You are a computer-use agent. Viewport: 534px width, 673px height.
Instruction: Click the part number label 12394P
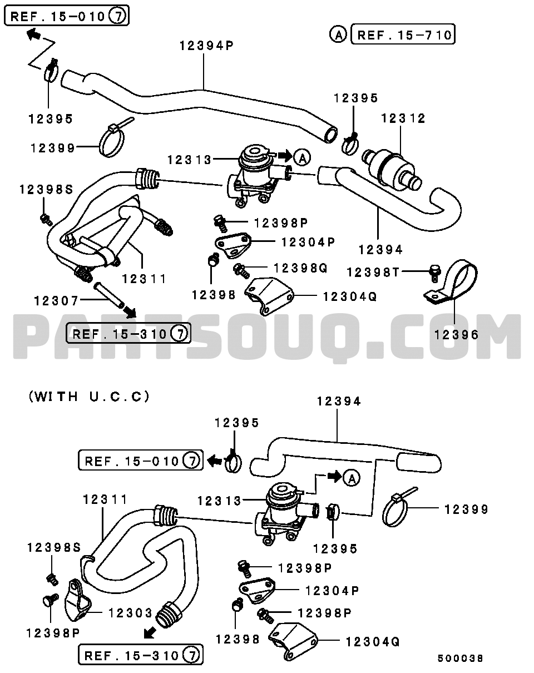click(x=206, y=45)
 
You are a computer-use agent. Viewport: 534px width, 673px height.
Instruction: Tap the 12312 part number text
click(x=403, y=118)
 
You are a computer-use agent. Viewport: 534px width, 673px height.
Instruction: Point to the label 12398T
click(x=373, y=272)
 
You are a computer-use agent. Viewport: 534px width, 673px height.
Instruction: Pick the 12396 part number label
click(x=456, y=335)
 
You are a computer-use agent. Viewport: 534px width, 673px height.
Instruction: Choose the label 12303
click(x=130, y=613)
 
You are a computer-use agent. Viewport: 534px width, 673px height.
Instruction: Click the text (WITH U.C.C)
click(x=89, y=397)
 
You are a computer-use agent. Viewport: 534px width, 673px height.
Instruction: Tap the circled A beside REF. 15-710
click(x=337, y=34)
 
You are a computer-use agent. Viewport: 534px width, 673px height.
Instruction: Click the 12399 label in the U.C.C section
click(x=466, y=509)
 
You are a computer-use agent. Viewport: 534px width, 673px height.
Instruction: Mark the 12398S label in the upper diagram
click(x=46, y=189)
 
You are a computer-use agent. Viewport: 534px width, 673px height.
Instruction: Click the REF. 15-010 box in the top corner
click(x=67, y=16)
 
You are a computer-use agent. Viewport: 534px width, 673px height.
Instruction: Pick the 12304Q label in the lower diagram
click(x=372, y=642)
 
